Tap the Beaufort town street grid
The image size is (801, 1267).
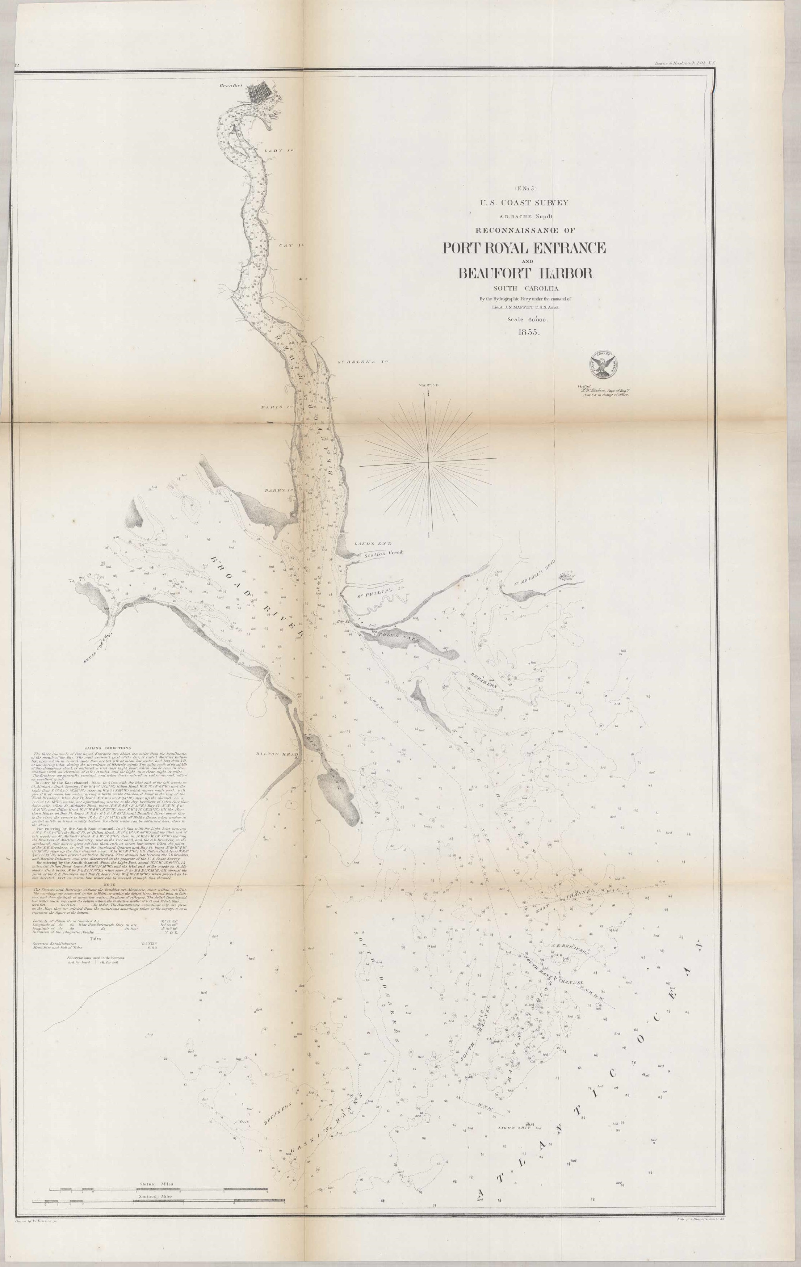(263, 94)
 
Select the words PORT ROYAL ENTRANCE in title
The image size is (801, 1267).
(524, 247)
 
